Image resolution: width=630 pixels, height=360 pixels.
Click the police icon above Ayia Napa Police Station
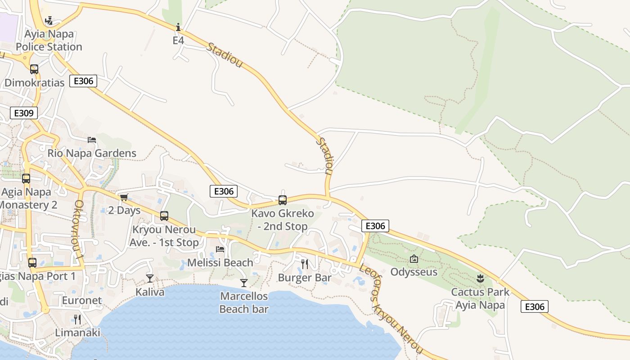point(49,21)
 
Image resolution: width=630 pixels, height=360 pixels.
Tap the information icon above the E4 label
point(178,27)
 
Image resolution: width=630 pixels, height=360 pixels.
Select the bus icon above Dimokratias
point(34,69)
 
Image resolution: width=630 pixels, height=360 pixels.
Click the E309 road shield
point(24,113)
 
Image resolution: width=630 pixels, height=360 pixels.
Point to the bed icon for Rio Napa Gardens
point(92,140)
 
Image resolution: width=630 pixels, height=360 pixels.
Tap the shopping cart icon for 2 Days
point(124,197)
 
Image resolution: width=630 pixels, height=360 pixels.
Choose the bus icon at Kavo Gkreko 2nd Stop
point(283,200)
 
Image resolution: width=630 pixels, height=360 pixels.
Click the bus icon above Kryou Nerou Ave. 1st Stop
point(164,216)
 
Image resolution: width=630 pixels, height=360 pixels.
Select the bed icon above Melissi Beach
point(220,249)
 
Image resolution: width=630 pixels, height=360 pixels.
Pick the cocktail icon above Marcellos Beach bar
point(244,283)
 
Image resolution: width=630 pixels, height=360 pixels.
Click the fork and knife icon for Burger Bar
point(305,264)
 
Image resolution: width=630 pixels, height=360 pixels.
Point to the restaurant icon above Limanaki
point(77,319)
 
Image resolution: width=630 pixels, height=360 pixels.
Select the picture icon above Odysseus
point(414,259)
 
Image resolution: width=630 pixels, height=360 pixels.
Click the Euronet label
point(82,300)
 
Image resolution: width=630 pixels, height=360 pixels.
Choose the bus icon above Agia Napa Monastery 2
point(26,179)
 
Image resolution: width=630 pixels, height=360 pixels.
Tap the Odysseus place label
point(414,272)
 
